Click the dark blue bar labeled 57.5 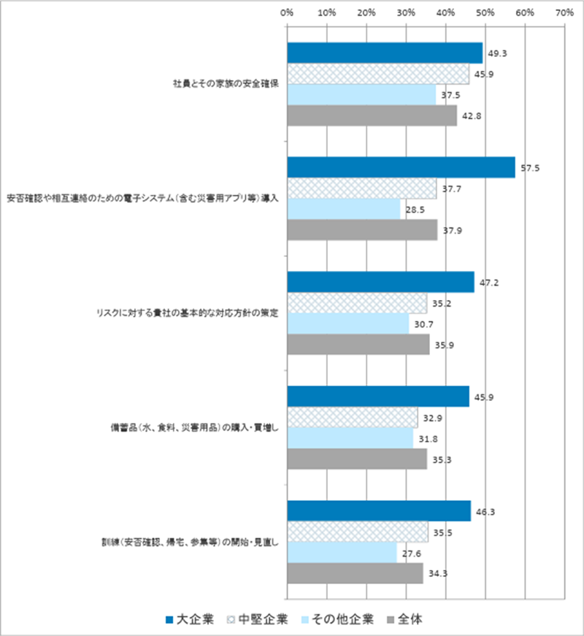(401, 167)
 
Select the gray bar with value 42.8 (372, 116)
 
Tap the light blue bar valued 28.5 (344, 210)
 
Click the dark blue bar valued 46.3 (379, 511)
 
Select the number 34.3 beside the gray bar (437, 573)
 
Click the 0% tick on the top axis (287, 12)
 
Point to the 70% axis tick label (564, 12)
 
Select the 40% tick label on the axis (445, 12)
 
